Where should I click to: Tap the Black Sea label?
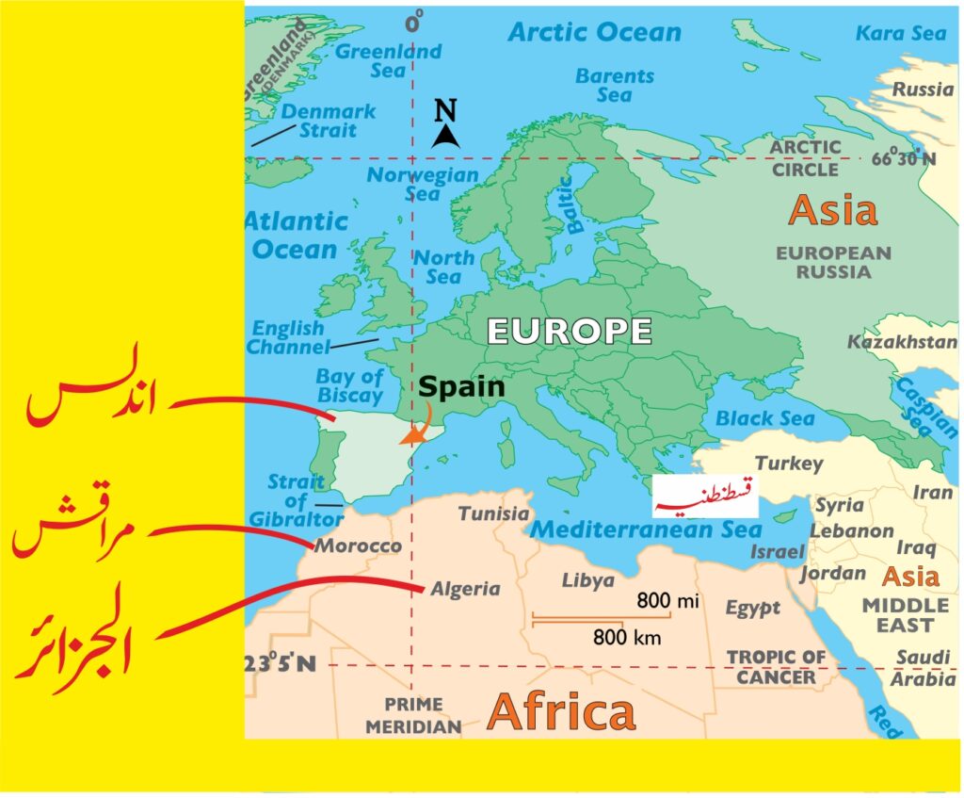click(x=758, y=418)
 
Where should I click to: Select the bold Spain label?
click(x=461, y=386)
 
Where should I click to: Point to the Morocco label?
click(x=358, y=546)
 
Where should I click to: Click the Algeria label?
click(x=465, y=589)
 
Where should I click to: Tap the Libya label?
click(x=587, y=580)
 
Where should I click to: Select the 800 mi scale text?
click(x=667, y=600)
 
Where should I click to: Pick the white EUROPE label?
click(x=569, y=332)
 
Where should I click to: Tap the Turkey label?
click(x=789, y=464)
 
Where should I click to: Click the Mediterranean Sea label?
click(x=646, y=529)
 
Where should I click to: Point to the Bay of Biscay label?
click(x=349, y=384)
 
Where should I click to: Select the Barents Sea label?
click(x=614, y=85)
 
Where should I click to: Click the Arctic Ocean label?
click(x=594, y=32)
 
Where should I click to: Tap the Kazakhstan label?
click(x=901, y=342)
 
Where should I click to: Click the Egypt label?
click(x=752, y=609)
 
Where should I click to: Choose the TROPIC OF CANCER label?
click(x=776, y=667)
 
